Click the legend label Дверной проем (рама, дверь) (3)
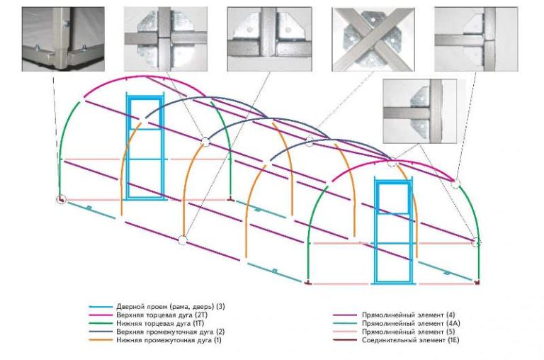(x=170, y=307)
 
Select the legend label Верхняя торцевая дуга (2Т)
(x=161, y=315)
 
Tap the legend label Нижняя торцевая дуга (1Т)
(x=160, y=324)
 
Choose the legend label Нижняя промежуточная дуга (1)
(x=169, y=340)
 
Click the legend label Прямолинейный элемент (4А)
(x=411, y=324)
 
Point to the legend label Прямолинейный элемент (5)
(x=408, y=332)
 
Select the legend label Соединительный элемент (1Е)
(x=410, y=340)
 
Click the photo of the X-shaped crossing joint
(x=373, y=39)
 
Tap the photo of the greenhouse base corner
(x=63, y=39)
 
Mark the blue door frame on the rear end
(x=145, y=147)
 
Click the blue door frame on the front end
(x=394, y=230)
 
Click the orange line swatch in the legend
(x=101, y=340)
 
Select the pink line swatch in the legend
(x=345, y=332)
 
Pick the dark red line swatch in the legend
(x=345, y=340)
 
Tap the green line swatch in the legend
(x=101, y=324)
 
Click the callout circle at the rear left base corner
(x=61, y=199)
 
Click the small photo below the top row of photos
(x=419, y=111)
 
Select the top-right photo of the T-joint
(x=476, y=39)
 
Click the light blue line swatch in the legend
(x=101, y=307)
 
